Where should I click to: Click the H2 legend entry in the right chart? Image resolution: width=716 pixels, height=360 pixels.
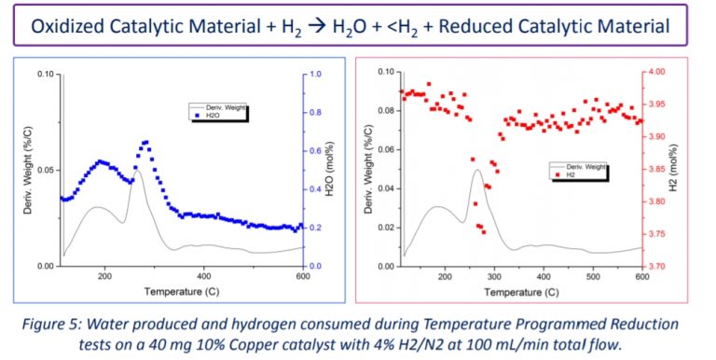(x=562, y=173)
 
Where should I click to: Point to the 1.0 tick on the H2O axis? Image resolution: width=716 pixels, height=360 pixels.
(x=316, y=74)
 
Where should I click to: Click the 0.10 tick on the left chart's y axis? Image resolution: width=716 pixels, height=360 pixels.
(x=44, y=74)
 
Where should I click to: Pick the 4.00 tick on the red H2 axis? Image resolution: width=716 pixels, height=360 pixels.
(x=656, y=71)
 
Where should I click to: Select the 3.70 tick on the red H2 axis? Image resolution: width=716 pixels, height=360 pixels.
(x=656, y=267)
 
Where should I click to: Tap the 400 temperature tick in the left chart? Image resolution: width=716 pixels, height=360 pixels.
(x=204, y=277)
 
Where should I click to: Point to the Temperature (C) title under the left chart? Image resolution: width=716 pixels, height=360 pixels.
(x=181, y=291)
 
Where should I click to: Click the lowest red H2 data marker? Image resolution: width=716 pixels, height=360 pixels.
(x=484, y=231)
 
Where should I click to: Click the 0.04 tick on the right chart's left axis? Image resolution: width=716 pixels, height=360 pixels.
(x=384, y=188)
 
